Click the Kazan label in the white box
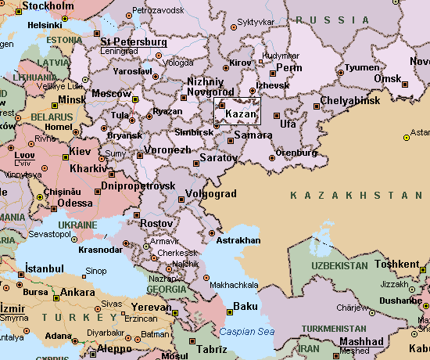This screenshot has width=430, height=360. click(x=241, y=115)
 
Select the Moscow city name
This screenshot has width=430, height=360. click(x=112, y=94)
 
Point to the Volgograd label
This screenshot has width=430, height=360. click(x=211, y=193)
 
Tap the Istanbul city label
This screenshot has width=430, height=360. click(x=44, y=268)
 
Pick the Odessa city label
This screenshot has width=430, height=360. click(x=74, y=203)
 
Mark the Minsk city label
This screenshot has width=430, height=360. click(x=73, y=100)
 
